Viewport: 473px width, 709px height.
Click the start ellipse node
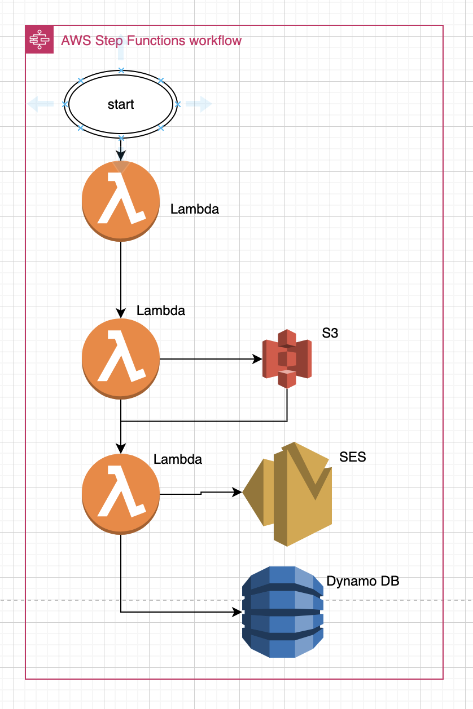coord(120,104)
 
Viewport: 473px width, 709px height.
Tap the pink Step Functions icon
coord(40,39)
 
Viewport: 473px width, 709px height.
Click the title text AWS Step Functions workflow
coord(151,41)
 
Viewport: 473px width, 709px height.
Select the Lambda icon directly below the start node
coord(121,201)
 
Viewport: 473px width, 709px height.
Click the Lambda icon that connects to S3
coord(121,359)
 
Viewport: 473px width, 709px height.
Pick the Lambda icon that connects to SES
coord(121,494)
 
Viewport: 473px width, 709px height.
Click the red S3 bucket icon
coord(287,358)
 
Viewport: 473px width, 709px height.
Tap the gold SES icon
coord(288,494)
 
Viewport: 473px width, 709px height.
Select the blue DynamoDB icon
coord(282,611)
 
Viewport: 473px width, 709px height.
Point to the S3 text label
coord(330,333)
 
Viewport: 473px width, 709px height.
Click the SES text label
coord(353,457)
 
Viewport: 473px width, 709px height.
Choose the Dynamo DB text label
coord(363,581)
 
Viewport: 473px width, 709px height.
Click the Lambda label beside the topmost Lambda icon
coord(195,209)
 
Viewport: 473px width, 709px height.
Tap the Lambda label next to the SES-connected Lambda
coord(178,459)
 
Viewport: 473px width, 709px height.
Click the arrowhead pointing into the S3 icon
coord(258,358)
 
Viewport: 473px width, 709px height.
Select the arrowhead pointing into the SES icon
coord(238,492)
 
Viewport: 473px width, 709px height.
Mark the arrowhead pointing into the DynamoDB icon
coord(238,611)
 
